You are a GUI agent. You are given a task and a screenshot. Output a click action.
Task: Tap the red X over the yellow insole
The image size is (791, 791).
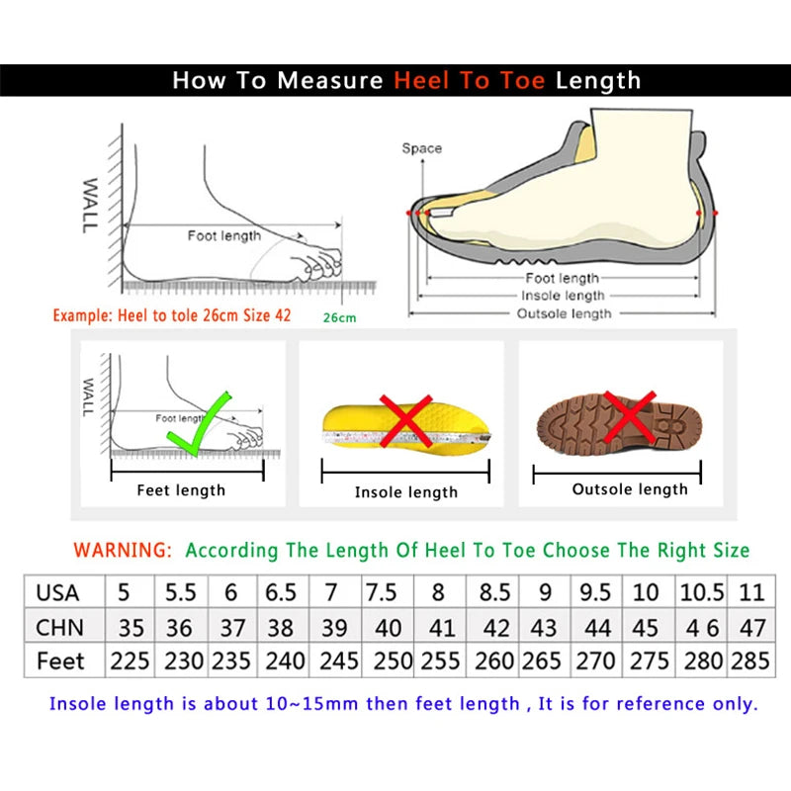(405, 421)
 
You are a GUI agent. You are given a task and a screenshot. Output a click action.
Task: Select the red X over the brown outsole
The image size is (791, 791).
(629, 414)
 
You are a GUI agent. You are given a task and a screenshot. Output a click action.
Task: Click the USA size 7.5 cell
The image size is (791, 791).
(381, 593)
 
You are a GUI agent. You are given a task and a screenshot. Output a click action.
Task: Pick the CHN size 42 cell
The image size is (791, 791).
(495, 628)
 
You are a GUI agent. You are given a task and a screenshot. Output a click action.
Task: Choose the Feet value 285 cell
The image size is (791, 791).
(750, 661)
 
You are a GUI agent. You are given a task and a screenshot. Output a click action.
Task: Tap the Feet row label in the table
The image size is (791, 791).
(60, 661)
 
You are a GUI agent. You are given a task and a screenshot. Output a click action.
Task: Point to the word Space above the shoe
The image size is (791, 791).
(421, 148)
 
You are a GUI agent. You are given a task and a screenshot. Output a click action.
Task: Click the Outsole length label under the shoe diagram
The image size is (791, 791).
(565, 313)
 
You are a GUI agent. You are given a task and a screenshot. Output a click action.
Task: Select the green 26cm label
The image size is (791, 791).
(339, 317)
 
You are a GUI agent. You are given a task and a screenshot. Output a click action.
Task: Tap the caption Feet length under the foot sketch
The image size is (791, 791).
(181, 489)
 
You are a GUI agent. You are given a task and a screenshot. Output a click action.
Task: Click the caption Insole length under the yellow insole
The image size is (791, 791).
(406, 491)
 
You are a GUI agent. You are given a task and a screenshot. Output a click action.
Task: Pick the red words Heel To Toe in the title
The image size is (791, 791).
(470, 80)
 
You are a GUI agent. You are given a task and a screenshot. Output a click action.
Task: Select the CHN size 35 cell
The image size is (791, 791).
(131, 628)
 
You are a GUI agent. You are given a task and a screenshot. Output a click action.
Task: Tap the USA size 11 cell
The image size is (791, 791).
(751, 593)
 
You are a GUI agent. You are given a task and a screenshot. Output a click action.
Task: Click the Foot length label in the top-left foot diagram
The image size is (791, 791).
(224, 235)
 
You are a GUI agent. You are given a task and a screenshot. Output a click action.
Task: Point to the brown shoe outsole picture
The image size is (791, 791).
(617, 423)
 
